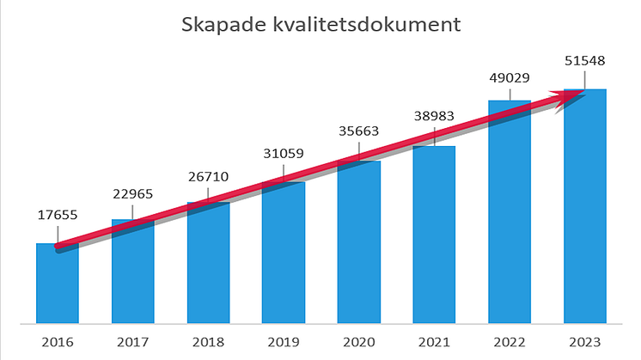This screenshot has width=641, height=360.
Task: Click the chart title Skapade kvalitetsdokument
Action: tap(321, 25)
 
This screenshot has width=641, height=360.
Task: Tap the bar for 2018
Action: tap(208, 266)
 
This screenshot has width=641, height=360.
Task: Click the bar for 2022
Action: tap(510, 215)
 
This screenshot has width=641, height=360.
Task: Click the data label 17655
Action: tap(57, 216)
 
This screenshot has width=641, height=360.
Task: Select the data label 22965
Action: tap(132, 193)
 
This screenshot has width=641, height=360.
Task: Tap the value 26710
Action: tap(208, 176)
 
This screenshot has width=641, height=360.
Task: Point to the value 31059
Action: tap(284, 155)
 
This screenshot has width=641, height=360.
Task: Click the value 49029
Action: tap(510, 77)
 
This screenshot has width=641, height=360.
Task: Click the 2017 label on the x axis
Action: tap(132, 342)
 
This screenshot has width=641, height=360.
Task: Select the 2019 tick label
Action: tap(284, 342)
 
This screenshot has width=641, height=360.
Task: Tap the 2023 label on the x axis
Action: tap(584, 342)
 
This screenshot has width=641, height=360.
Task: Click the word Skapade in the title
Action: tap(216, 25)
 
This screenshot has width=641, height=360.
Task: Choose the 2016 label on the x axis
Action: tap(57, 342)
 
